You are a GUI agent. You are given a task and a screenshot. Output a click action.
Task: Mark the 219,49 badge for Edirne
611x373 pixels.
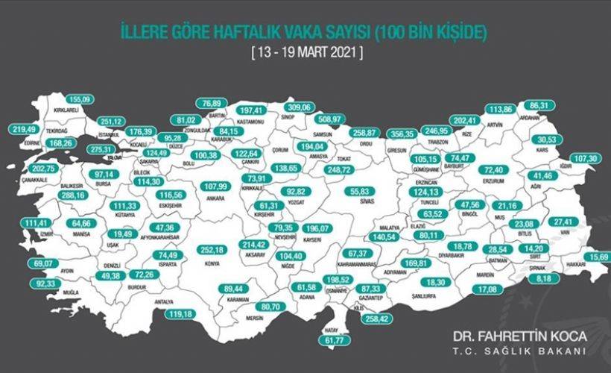coord(25,129)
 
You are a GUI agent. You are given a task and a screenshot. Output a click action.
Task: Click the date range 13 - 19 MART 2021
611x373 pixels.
coord(306,54)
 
